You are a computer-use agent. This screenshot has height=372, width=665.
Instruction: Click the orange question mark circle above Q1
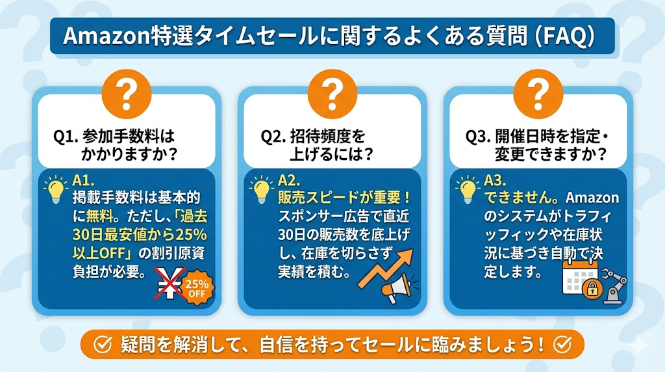pyautogui.click(x=127, y=94)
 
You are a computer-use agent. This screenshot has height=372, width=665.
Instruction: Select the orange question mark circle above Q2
pyautogui.click(x=332, y=94)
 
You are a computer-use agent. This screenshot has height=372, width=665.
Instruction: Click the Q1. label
pyautogui.click(x=66, y=137)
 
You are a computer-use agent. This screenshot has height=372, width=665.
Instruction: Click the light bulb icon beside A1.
pyautogui.click(x=56, y=189)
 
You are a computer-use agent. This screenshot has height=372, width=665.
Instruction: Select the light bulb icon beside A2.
pyautogui.click(x=261, y=189)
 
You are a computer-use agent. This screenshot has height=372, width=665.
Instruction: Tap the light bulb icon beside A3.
pyautogui.click(x=466, y=189)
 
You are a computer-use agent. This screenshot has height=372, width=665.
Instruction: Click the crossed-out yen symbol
pyautogui.click(x=168, y=284)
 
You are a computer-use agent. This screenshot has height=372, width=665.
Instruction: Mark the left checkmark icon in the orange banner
pyautogui.click(x=102, y=345)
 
